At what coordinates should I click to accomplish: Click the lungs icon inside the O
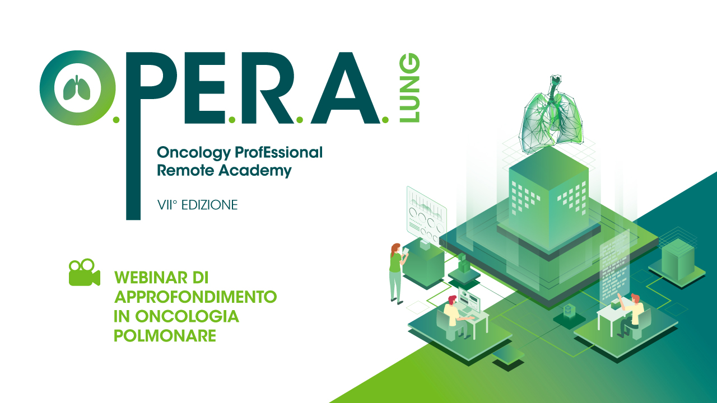coord(77,88)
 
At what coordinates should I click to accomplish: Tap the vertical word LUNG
coord(409,88)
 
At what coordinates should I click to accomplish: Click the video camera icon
coord(85,272)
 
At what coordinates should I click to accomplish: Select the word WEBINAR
coord(151,278)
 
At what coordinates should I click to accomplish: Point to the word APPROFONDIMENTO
coord(195,297)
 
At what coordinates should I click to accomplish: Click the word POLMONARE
coord(165,336)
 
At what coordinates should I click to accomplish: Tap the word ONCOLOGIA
coord(187,317)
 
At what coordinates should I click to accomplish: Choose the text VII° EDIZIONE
coord(198,205)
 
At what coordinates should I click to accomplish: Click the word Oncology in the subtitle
coord(194,153)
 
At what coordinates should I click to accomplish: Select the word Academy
coord(255,171)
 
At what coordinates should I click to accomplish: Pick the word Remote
coord(185,171)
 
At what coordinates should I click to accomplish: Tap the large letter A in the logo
coord(346,88)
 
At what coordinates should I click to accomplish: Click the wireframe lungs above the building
coord(552,114)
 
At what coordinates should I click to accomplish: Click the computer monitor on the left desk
coord(469,301)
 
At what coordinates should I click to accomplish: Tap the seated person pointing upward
coord(630,315)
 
